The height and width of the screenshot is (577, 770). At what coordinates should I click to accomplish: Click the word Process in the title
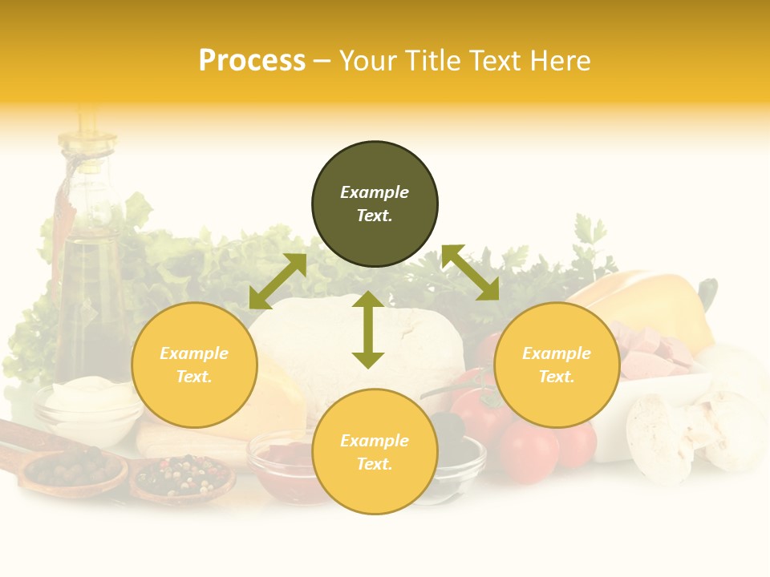pos(252,61)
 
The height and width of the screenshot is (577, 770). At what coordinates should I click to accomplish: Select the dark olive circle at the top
pos(375,204)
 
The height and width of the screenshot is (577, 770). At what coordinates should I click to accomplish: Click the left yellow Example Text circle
pos(194,365)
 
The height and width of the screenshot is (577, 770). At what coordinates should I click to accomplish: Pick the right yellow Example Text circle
pos(557,365)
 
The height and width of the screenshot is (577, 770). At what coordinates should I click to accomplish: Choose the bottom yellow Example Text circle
pos(375,452)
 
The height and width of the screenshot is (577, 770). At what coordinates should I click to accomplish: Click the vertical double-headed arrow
pos(368,329)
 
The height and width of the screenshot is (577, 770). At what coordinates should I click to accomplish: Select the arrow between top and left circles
pos(278,281)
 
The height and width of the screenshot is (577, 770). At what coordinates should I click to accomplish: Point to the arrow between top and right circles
pos(470,272)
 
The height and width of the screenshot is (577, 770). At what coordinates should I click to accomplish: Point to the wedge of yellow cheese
pos(273,401)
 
